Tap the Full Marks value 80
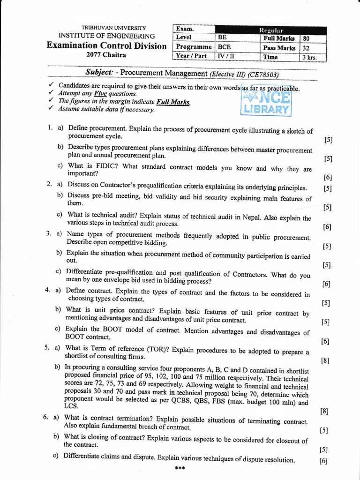pos(306,38)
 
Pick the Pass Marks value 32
pos(306,48)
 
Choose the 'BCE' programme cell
pos(225,47)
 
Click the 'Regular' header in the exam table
pos(271,30)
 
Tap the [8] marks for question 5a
pos(325,360)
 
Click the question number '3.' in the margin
pos(48,233)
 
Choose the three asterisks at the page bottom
pos(180,468)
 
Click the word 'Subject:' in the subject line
pos(99,73)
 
